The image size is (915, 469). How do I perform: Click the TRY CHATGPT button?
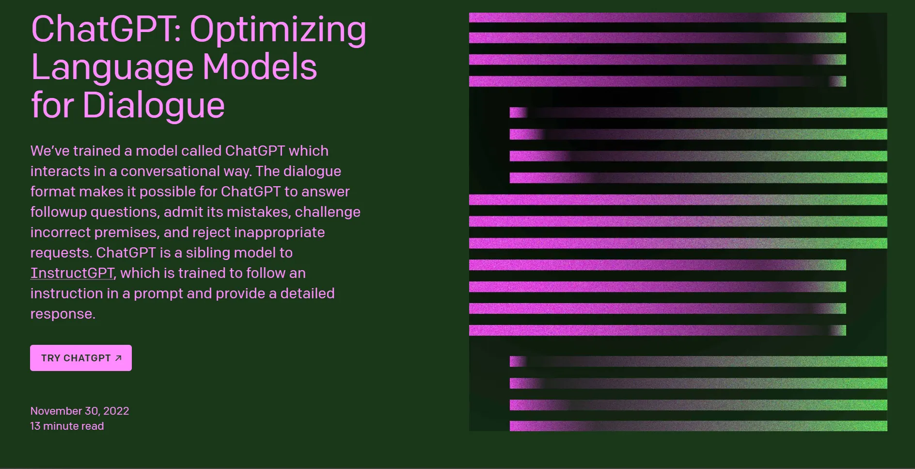point(81,358)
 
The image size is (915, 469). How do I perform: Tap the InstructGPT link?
point(72,273)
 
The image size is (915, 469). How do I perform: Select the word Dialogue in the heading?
point(154,106)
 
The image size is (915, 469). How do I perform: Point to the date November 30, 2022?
point(80,411)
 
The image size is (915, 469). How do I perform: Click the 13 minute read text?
point(67,426)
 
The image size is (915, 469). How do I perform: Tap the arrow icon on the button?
point(118,358)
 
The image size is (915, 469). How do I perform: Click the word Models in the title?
point(260,67)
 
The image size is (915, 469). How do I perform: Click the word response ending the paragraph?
point(63,314)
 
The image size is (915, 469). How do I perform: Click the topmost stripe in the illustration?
point(657,17)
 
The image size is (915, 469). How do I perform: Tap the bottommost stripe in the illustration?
point(698,426)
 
